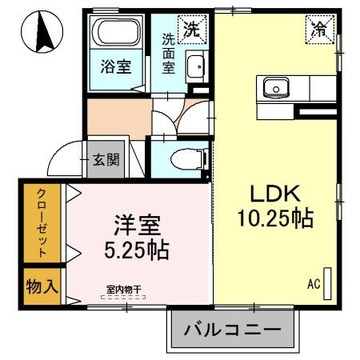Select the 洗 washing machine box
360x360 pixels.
[x=193, y=30]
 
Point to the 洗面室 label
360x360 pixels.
[x=169, y=52]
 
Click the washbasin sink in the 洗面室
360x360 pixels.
[x=196, y=68]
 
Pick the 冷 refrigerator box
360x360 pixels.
[x=318, y=29]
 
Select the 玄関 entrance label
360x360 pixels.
[x=105, y=160]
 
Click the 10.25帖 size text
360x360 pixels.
[x=274, y=218]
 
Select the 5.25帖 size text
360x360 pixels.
[x=135, y=250]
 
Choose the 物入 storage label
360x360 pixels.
[x=42, y=286]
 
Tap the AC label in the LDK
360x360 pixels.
[x=313, y=284]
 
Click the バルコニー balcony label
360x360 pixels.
[x=233, y=330]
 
